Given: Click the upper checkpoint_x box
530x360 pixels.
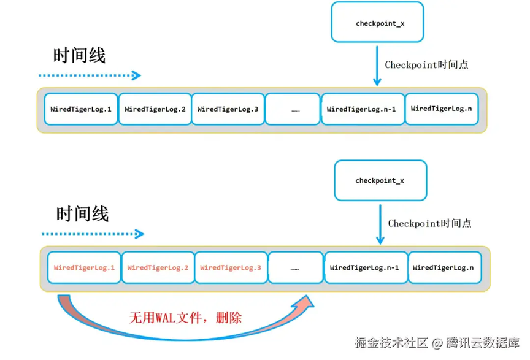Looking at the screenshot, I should click(377, 23).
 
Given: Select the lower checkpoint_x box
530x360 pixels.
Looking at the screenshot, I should click(380, 180).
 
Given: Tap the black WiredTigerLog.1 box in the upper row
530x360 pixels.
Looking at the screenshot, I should click(81, 109).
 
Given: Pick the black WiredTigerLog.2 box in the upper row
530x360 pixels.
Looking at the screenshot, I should click(155, 109).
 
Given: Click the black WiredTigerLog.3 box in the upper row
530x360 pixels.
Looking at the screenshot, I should click(228, 109).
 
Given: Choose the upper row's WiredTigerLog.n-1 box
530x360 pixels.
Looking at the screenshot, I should click(362, 109).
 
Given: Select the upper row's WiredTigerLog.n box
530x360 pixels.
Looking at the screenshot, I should click(442, 109).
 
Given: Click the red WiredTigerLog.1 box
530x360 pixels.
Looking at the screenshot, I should click(84, 268).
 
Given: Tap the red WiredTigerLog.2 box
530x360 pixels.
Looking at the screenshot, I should click(158, 268).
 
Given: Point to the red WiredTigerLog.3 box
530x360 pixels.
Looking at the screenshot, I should click(231, 268).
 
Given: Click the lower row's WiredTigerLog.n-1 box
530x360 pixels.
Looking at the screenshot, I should click(365, 268).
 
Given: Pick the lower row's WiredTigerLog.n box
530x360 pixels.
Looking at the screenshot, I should click(444, 268).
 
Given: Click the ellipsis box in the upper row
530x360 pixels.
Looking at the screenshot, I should click(295, 109).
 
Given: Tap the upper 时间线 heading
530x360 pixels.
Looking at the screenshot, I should click(79, 56).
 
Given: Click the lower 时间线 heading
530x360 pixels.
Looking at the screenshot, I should click(82, 214).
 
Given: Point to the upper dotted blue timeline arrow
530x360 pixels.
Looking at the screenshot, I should click(90, 75).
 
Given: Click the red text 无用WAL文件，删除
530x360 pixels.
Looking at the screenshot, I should click(185, 318).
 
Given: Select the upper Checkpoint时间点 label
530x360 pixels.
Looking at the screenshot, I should click(426, 64).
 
